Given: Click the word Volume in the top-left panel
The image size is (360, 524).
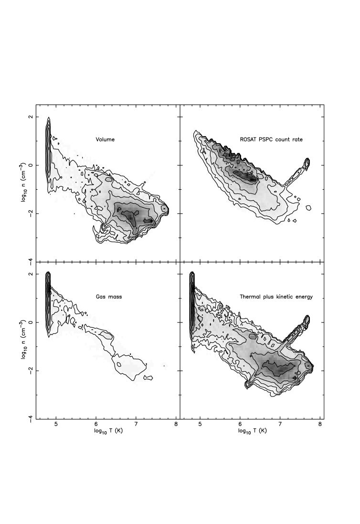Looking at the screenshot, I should click(x=105, y=140).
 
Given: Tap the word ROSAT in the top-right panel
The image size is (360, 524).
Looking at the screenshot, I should click(x=248, y=140).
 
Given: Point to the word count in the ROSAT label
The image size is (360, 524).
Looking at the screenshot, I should click(x=284, y=140).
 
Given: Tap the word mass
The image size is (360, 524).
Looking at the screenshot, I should click(x=115, y=297).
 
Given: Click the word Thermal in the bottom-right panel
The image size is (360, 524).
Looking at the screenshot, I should click(x=250, y=297).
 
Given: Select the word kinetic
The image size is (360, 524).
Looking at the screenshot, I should click(x=285, y=297).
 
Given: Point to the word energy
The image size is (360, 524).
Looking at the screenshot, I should click(x=305, y=297).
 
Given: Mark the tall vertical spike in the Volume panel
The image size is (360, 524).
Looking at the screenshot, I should click(x=48, y=148).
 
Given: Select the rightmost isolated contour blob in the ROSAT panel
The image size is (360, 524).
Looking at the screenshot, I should click(x=308, y=207).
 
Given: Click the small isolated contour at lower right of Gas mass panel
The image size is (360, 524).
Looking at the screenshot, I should click(x=148, y=378).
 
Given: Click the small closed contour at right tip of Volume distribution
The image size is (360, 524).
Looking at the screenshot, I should click(x=165, y=209).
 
